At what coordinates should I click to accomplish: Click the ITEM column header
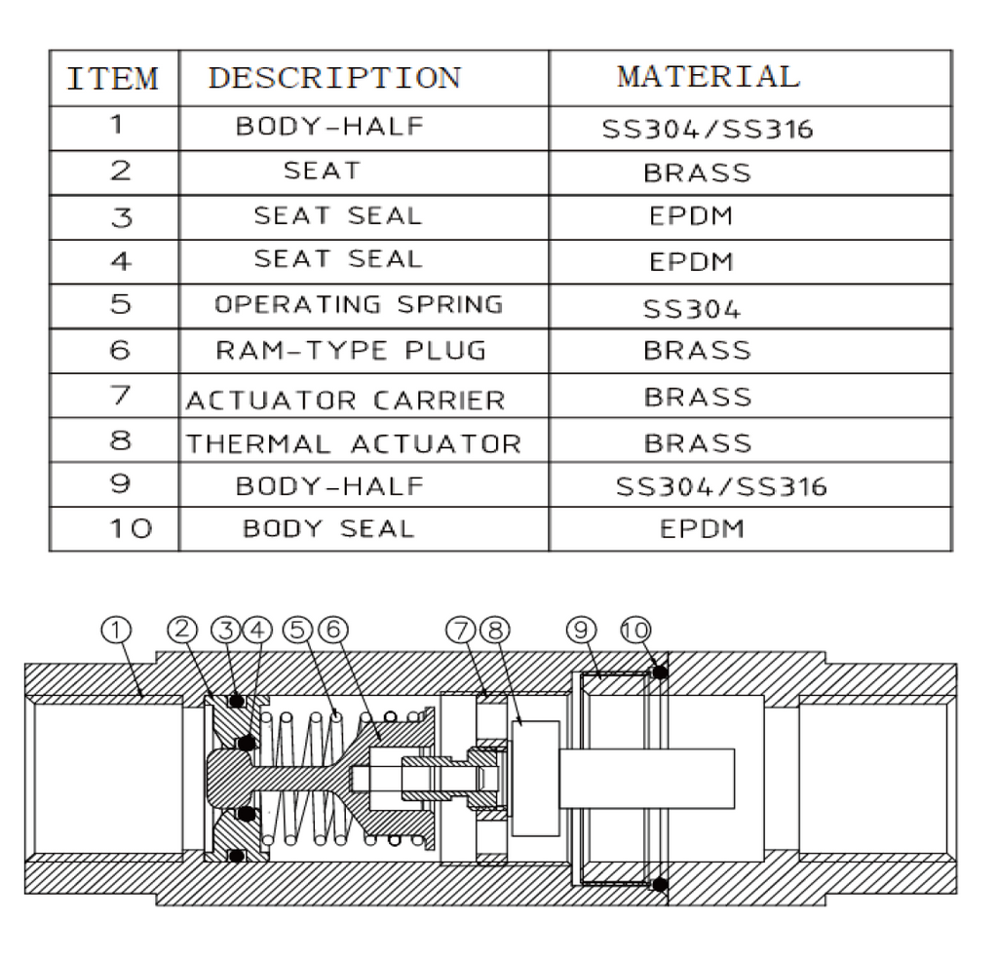[x=113, y=78]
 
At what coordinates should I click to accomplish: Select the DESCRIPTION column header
[x=334, y=78]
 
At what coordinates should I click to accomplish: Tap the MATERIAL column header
[x=708, y=76]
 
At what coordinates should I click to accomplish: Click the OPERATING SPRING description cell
[x=359, y=304]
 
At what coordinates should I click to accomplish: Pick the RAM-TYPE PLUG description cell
[x=351, y=350]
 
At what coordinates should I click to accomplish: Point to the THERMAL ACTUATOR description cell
[x=354, y=443]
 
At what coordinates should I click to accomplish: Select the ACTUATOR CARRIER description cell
[x=346, y=400]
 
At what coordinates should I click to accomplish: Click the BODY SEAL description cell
[x=328, y=529]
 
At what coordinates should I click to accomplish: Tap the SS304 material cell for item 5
[x=691, y=310]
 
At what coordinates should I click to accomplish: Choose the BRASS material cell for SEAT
[x=697, y=173]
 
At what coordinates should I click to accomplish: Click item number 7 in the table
[x=119, y=396]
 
